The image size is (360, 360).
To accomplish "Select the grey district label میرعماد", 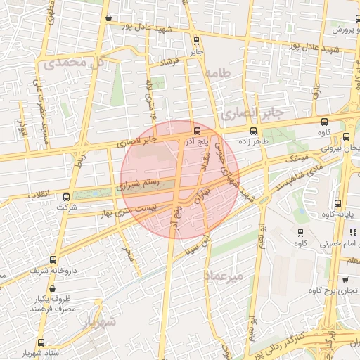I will pyautogui.click(x=223, y=276).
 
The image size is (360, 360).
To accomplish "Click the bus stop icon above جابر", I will pyautogui.click(x=196, y=41).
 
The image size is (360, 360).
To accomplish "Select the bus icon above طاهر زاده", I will pyautogui.click(x=254, y=131).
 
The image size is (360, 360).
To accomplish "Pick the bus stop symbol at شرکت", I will pyautogui.click(x=67, y=198).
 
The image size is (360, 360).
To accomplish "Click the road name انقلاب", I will pyautogui.click(x=34, y=193).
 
